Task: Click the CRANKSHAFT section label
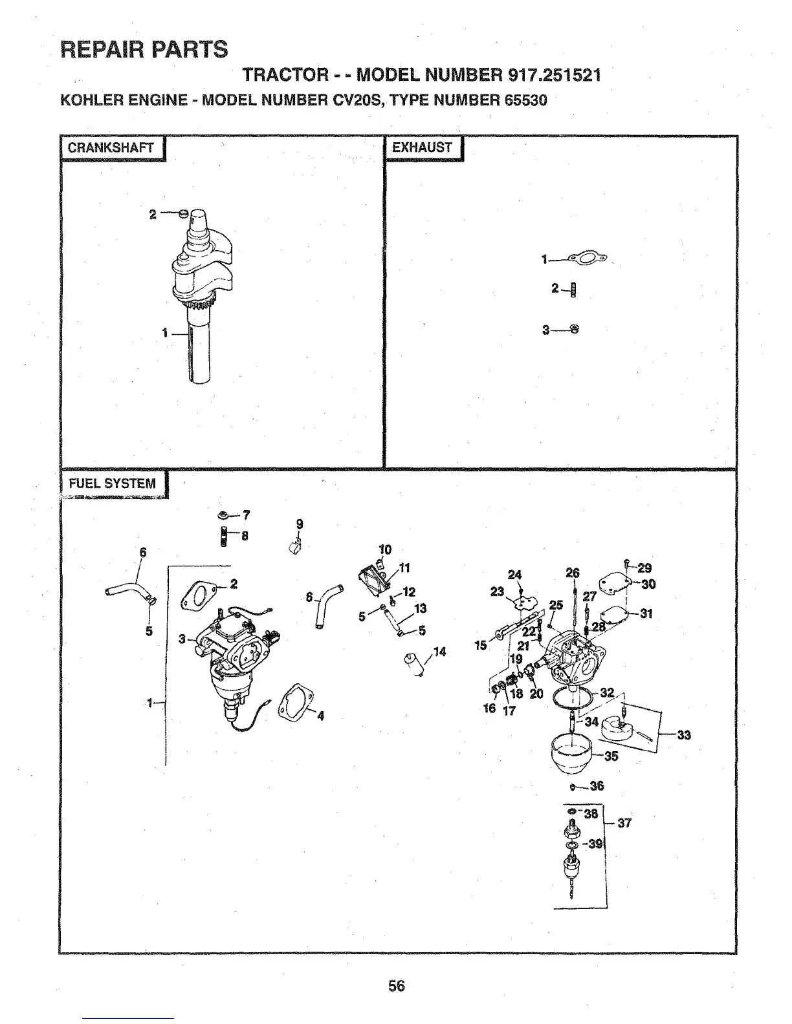click(x=111, y=147)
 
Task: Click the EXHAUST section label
click(x=422, y=147)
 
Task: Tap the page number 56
click(x=396, y=985)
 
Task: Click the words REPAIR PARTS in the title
click(x=144, y=49)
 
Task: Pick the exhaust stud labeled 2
click(x=573, y=288)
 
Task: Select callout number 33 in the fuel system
click(x=683, y=734)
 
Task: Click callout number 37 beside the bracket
click(x=624, y=823)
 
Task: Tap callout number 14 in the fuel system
click(x=439, y=652)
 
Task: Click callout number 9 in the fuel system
click(x=299, y=524)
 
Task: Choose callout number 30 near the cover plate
click(x=648, y=584)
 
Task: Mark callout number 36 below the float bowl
click(x=597, y=786)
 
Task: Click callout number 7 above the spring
click(x=246, y=515)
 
